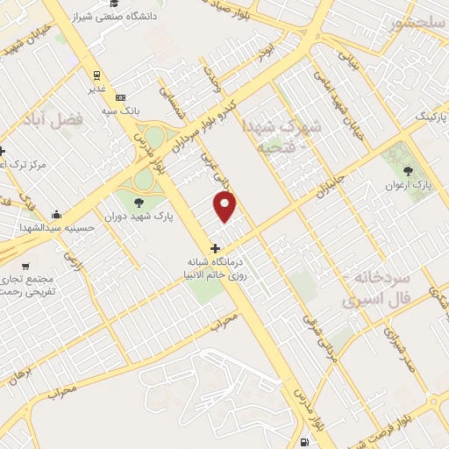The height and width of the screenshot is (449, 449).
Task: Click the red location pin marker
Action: pos(226,207)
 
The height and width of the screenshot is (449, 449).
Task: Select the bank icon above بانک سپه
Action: pos(120,96)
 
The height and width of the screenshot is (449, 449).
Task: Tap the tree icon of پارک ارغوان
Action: pos(406,172)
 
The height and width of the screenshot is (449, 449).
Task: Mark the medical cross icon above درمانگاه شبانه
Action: pos(216,248)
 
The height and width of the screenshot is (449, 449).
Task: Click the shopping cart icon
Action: pos(26,265)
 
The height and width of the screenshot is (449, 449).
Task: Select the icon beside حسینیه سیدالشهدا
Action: pos(57,215)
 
